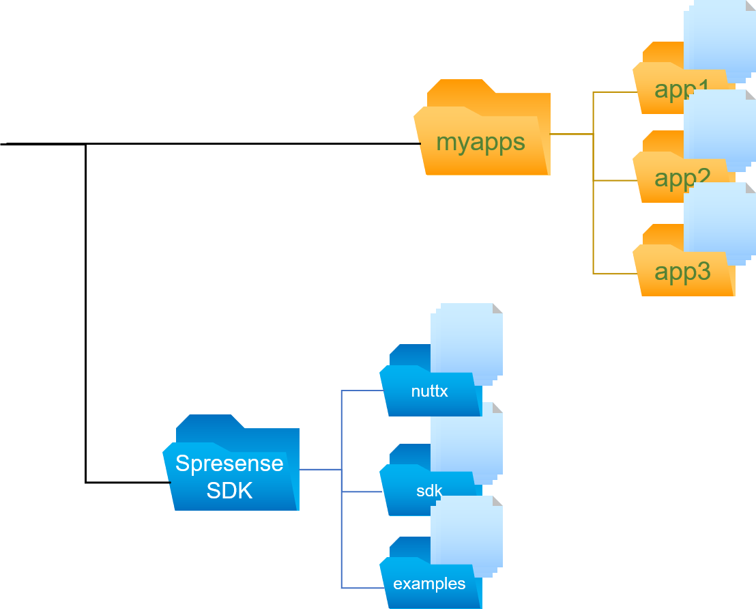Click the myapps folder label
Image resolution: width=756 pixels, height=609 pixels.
coord(480,143)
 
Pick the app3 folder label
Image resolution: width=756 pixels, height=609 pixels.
coord(682,272)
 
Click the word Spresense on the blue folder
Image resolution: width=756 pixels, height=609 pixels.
coord(229,464)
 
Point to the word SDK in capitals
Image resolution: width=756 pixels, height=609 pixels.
coord(229,490)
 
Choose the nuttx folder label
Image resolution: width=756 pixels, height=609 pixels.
coord(429,392)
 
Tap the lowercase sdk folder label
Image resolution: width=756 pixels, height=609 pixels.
coord(429,491)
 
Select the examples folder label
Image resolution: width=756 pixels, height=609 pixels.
coord(429,584)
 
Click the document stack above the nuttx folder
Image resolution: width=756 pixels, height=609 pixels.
coord(467,338)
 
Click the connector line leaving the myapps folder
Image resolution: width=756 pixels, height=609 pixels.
coord(571,134)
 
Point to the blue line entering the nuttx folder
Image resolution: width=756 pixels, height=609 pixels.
coord(362,391)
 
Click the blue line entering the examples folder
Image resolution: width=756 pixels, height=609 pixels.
coord(362,588)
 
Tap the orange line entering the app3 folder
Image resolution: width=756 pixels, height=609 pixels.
coord(614,273)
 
